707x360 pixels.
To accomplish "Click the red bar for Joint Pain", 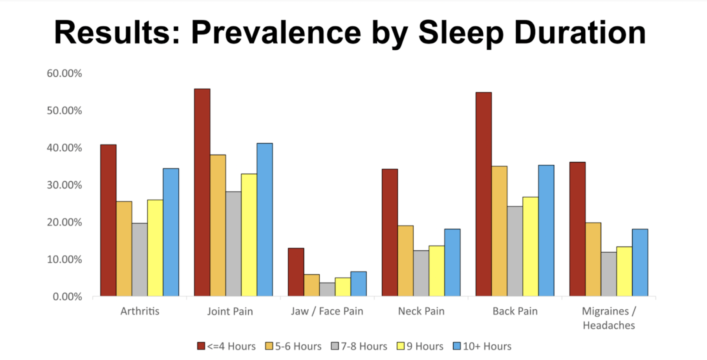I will [x=202, y=193].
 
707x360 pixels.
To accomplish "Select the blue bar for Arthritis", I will [x=171, y=232].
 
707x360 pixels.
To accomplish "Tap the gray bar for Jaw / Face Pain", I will [x=327, y=289].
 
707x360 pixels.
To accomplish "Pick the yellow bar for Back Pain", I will [x=530, y=246].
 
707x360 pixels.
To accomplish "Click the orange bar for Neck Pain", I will [x=405, y=261].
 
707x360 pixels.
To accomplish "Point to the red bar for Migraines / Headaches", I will [x=577, y=229].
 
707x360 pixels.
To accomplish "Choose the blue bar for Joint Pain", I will [x=265, y=220].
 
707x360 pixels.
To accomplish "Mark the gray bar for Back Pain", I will [x=515, y=251].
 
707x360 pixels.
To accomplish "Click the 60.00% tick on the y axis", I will [x=64, y=73].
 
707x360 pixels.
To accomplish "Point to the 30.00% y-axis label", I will [x=64, y=185].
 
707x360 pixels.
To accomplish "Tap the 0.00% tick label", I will [x=67, y=297].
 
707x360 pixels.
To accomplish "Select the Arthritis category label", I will [x=140, y=311].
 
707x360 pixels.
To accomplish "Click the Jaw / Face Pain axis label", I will [x=327, y=311].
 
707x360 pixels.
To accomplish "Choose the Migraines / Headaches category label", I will [x=609, y=318].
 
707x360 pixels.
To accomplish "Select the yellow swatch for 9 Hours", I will [x=401, y=346].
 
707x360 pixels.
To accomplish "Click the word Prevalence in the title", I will [x=276, y=33].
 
